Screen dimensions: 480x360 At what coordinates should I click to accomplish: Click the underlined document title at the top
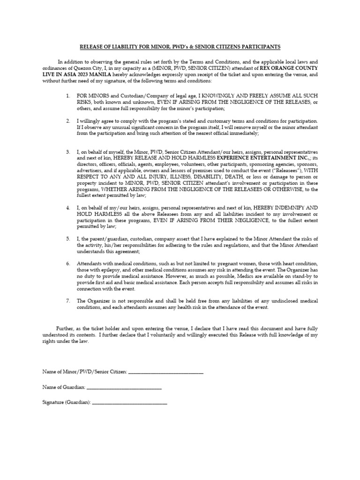click(180, 47)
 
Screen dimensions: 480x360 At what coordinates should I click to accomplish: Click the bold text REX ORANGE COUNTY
click(289, 68)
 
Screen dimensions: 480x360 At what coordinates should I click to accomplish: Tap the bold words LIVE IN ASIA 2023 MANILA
click(74, 75)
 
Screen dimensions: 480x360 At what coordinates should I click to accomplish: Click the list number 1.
click(68, 96)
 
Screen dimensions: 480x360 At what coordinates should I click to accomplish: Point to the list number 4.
click(68, 207)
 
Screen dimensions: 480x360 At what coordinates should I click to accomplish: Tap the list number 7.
click(68, 300)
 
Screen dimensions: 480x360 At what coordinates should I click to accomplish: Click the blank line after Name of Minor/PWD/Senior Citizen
click(165, 372)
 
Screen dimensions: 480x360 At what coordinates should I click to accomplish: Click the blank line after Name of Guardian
click(124, 388)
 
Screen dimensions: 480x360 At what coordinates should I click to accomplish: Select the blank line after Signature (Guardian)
click(130, 403)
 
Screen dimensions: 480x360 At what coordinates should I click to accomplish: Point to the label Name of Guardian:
click(64, 387)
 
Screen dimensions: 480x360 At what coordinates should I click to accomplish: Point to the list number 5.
click(68, 239)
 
